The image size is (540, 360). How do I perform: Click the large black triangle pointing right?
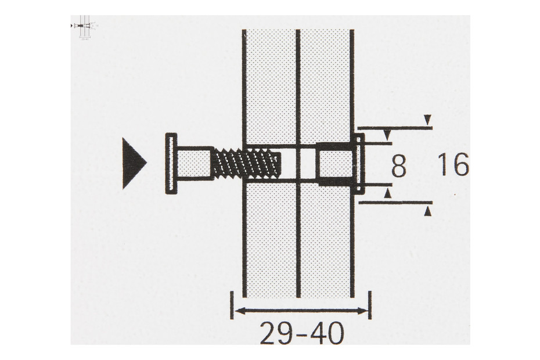133,163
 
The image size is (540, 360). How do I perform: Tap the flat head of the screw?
171,163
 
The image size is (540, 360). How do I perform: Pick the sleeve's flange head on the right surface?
359,163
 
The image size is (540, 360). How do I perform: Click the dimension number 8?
399,166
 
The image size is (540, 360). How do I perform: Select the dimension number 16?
453,164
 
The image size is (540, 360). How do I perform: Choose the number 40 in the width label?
326,333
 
